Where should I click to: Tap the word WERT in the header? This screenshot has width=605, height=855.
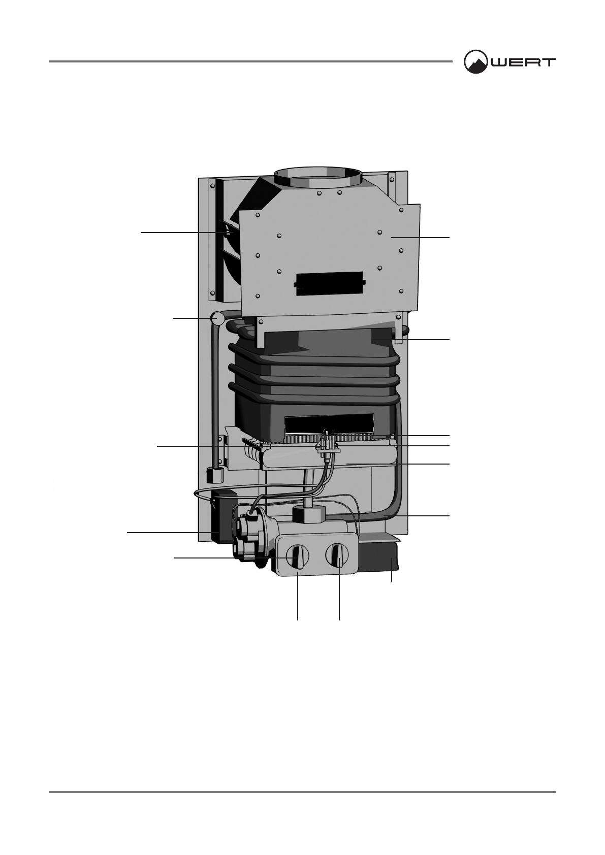pyautogui.click(x=523, y=62)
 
